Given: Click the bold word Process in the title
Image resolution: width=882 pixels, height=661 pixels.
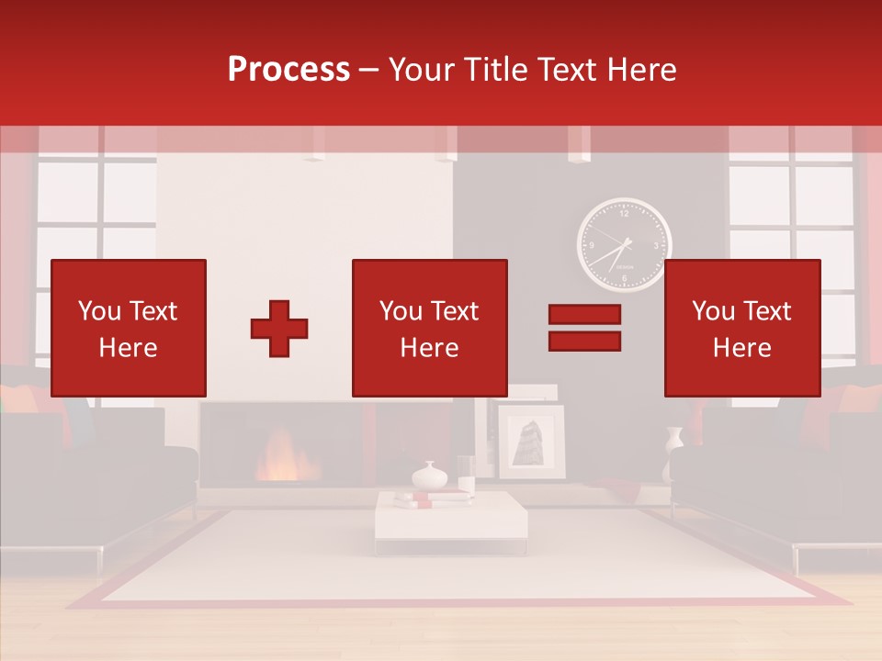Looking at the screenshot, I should tap(288, 70).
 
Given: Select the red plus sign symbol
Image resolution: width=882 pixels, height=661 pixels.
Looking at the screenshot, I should tap(279, 329).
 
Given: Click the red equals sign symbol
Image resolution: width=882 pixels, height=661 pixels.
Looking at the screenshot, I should tap(584, 328).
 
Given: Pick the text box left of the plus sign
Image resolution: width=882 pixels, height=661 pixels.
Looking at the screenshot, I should tap(129, 328).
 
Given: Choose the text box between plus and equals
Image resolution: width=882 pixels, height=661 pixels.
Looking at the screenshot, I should tap(429, 328).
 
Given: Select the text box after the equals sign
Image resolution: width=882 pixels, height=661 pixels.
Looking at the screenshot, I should tap(741, 328).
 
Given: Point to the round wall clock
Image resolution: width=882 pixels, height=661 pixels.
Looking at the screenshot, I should tap(624, 245).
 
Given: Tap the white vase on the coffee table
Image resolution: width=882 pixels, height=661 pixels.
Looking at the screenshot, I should tap(428, 476).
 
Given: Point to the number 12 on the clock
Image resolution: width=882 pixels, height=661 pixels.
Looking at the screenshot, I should tap(625, 214).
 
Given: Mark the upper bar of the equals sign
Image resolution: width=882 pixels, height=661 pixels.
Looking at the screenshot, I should tap(584, 314).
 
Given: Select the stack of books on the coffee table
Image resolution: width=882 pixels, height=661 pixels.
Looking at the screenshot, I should tap(433, 499).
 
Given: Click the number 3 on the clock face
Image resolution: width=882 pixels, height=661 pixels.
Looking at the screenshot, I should tap(656, 246).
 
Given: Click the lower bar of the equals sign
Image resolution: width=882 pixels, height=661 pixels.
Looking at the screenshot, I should tap(584, 342).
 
